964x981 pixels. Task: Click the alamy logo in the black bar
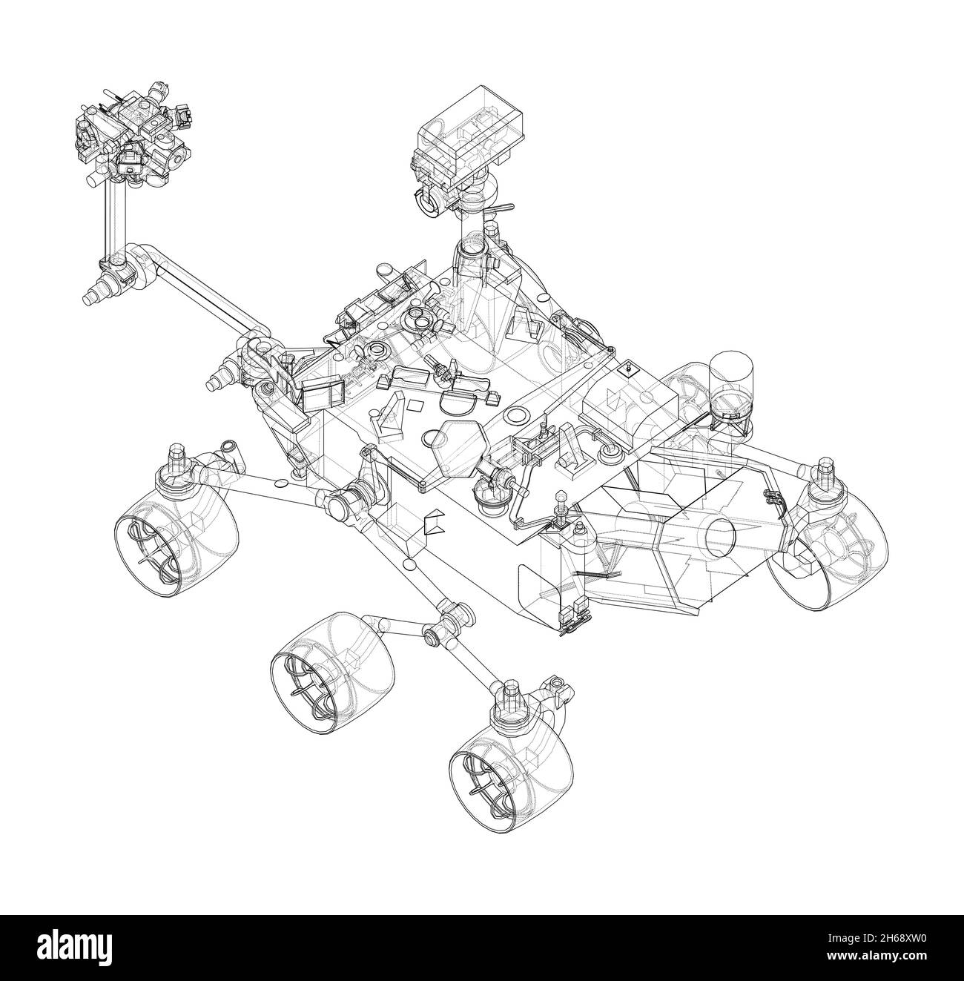pyautogui.click(x=89, y=948)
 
